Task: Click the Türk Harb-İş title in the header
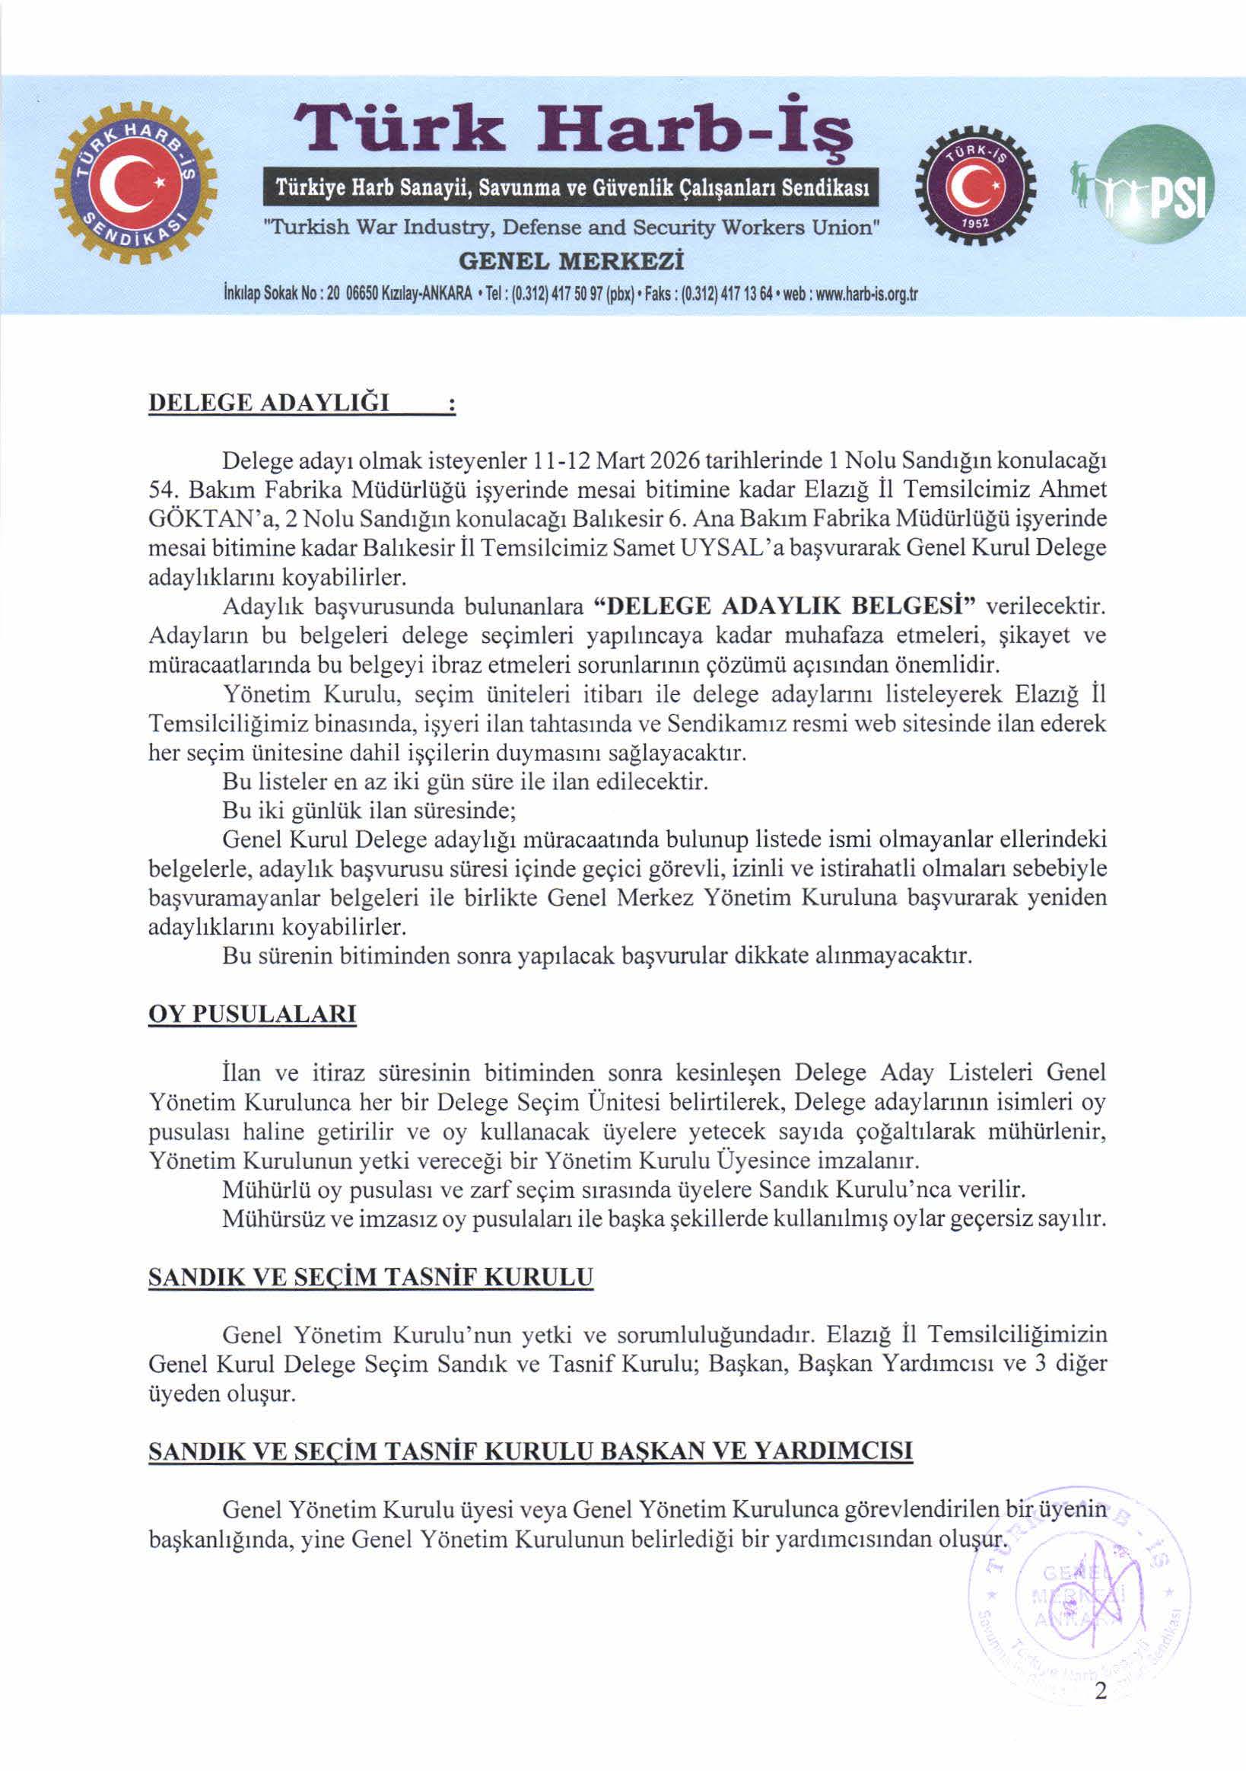click(x=571, y=131)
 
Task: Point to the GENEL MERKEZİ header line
click(x=571, y=261)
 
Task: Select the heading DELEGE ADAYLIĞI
click(x=269, y=403)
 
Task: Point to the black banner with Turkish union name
click(x=571, y=188)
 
